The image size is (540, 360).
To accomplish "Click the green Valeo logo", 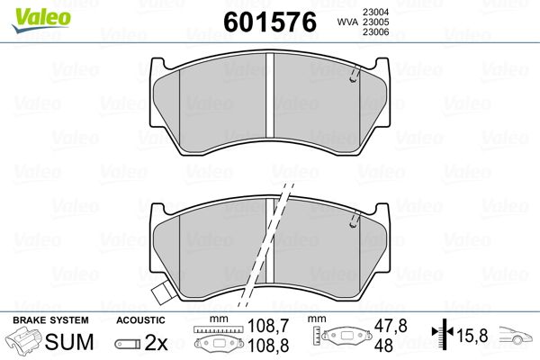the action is coord(41,20).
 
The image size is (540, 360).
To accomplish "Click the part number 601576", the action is coord(270,22).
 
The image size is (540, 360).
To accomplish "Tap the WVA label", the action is coord(348,22).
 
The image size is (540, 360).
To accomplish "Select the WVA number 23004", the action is coord(375,12).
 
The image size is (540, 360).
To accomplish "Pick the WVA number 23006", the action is coord(375,32).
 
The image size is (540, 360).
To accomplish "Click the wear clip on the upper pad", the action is coord(355,74).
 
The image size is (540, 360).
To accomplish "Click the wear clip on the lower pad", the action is coord(355,220).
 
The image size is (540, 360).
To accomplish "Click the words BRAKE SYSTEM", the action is coord(50,320).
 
